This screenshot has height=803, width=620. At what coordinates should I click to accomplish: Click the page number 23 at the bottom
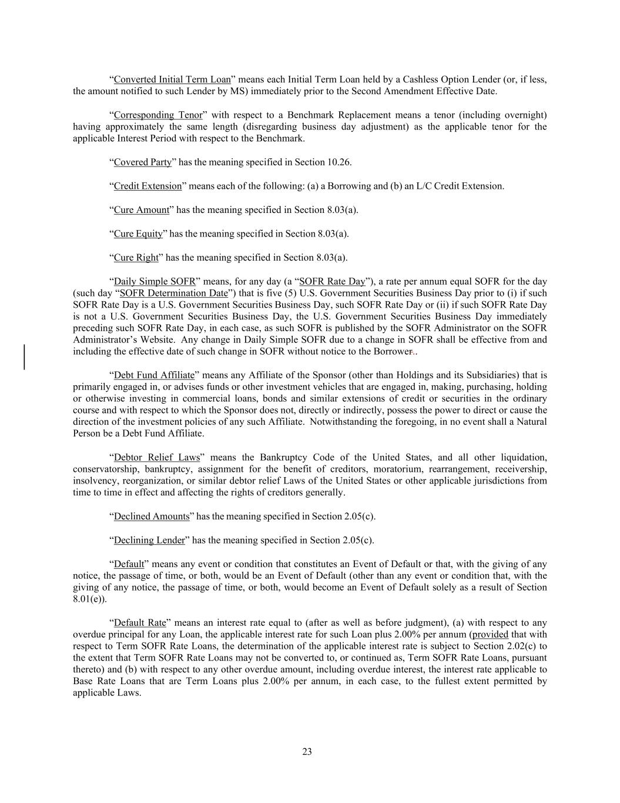pyautogui.click(x=307, y=751)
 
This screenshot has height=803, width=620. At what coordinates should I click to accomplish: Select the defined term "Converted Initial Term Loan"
pyautogui.click(x=172, y=79)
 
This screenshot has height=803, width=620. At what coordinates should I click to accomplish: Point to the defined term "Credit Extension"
pyautogui.click(x=148, y=186)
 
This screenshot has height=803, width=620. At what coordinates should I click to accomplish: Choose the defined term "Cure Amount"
pyautogui.click(x=141, y=210)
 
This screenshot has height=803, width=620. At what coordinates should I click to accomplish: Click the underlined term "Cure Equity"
pyautogui.click(x=138, y=234)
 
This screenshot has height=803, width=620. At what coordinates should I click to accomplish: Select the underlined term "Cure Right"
pyautogui.click(x=136, y=257)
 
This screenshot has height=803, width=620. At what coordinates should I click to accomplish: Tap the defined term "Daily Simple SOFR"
pyautogui.click(x=155, y=281)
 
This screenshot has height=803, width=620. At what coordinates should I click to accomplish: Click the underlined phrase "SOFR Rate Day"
pyautogui.click(x=332, y=281)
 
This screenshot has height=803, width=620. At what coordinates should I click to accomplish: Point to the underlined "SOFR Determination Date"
pyautogui.click(x=173, y=293)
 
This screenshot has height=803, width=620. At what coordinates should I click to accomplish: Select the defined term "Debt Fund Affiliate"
pyautogui.click(x=154, y=375)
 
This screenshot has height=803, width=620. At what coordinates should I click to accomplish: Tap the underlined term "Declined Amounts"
pyautogui.click(x=152, y=517)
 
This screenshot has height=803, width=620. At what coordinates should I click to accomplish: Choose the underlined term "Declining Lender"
pyautogui.click(x=149, y=540)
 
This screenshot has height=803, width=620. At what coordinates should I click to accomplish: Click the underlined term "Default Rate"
pyautogui.click(x=140, y=622)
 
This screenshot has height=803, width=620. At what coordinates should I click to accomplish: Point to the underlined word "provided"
pyautogui.click(x=490, y=634)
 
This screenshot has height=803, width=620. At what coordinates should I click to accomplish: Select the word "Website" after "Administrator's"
pyautogui.click(x=155, y=340)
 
